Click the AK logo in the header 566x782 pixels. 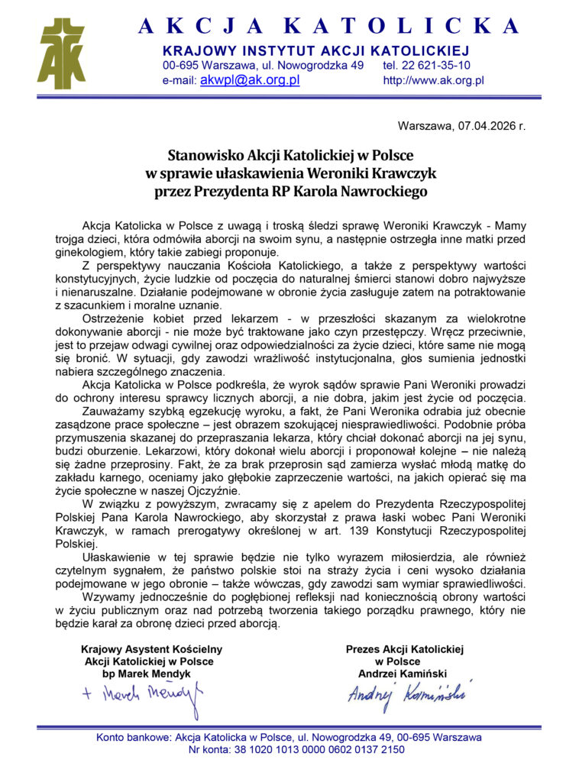click(62, 53)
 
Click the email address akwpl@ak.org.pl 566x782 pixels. click(249, 79)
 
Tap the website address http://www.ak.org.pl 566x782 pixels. click(434, 80)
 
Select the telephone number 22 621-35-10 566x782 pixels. click(438, 66)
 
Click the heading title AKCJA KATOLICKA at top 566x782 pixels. click(330, 26)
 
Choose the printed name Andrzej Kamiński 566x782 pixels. click(403, 674)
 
